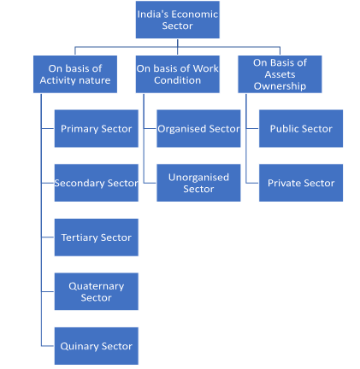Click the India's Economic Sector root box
tap(177, 20)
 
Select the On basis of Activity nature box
tap(75, 74)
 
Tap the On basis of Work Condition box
tap(177, 74)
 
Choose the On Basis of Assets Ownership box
tap(280, 74)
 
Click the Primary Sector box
tap(96, 128)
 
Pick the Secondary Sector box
tap(96, 183)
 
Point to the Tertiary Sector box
tap(96, 237)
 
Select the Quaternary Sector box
tap(96, 291)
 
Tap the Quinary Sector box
tap(96, 346)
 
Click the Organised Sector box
tap(198, 128)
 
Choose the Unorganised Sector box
tap(198, 183)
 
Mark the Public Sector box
tap(301, 128)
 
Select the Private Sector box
tap(301, 183)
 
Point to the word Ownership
tap(280, 86)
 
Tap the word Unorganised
tap(198, 178)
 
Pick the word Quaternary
tap(96, 286)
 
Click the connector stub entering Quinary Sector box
tap(48, 346)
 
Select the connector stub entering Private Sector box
tap(253, 183)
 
